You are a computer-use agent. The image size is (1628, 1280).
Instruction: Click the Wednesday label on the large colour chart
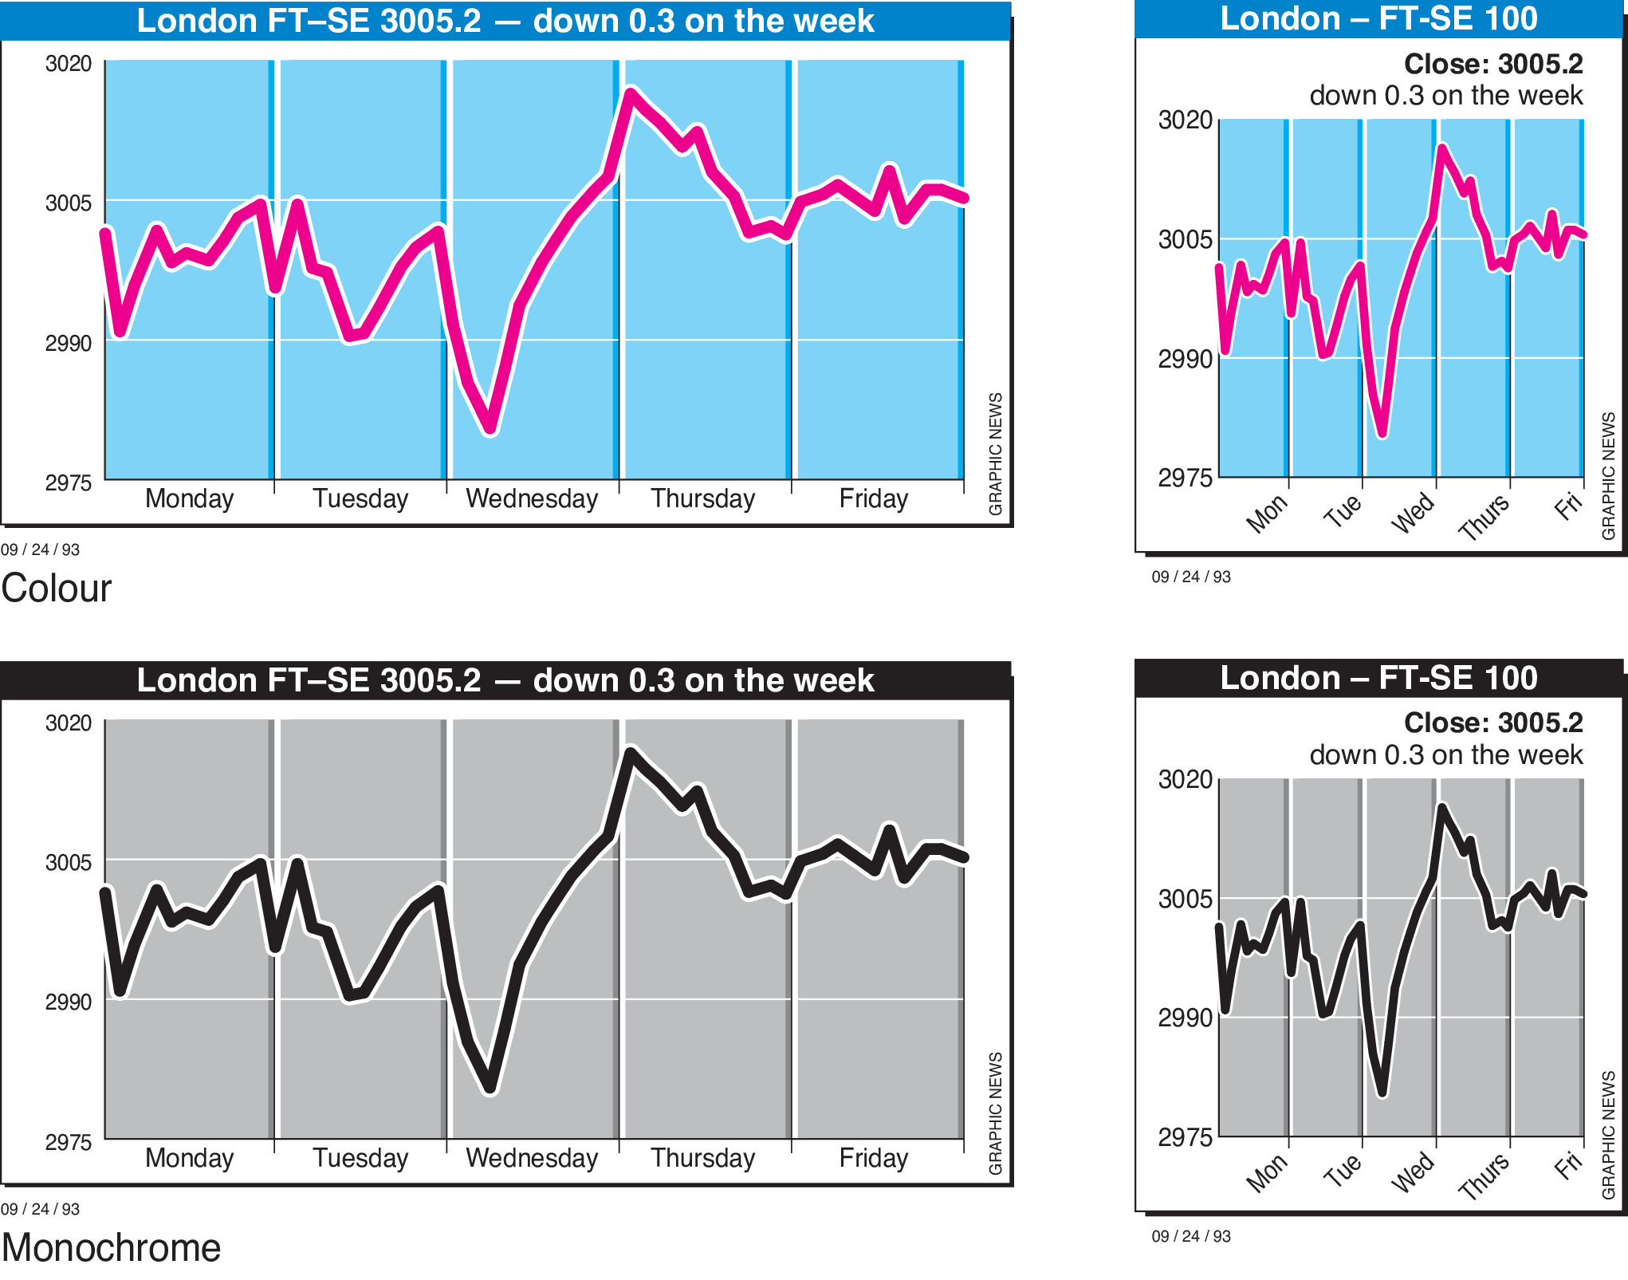tap(532, 498)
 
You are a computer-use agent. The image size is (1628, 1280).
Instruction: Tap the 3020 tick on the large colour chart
tap(69, 63)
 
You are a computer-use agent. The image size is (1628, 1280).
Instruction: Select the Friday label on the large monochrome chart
tap(873, 1158)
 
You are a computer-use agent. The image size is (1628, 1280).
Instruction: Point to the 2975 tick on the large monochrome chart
tap(69, 1142)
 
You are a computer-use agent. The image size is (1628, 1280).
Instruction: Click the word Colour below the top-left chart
tap(57, 589)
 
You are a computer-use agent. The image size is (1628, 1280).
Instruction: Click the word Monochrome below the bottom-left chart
tap(111, 1248)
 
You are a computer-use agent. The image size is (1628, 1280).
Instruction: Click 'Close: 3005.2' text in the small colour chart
tap(1493, 64)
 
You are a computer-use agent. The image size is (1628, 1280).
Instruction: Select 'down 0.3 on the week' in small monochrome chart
tap(1445, 754)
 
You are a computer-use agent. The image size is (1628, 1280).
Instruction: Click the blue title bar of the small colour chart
tap(1378, 19)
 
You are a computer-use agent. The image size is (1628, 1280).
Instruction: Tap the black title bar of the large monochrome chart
tap(505, 680)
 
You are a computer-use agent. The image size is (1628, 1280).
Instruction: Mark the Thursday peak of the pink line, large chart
tap(631, 92)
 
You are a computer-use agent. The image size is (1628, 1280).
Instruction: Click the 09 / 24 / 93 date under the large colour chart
tap(40, 549)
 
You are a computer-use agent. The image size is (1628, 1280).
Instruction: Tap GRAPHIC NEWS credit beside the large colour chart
tap(995, 454)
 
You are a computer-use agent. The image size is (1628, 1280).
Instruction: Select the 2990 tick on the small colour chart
tap(1185, 359)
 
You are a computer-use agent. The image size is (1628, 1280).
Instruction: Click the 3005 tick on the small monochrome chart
tap(1185, 899)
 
